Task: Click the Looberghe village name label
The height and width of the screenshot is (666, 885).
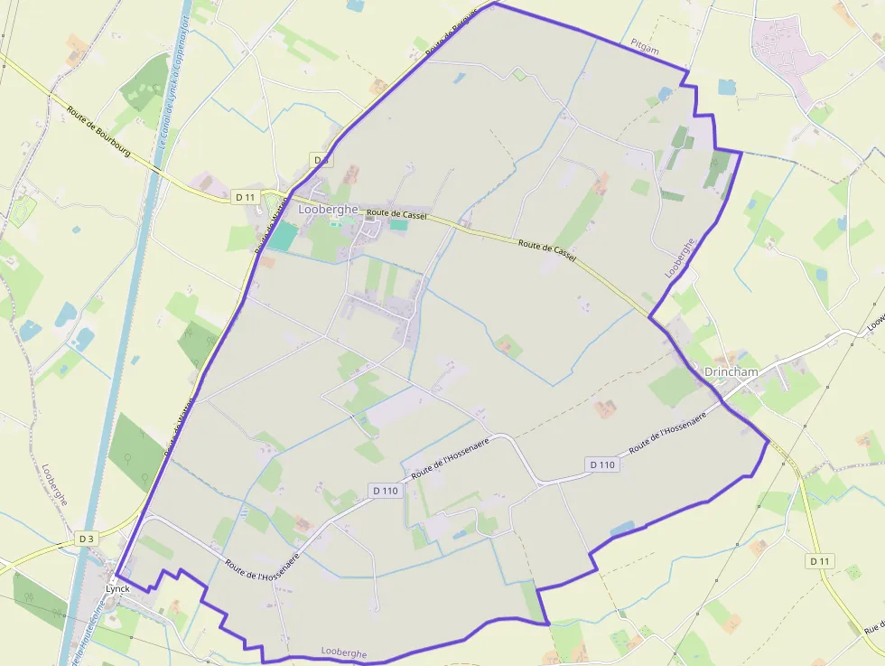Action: (x=329, y=209)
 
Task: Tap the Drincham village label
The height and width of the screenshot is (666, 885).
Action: (x=731, y=371)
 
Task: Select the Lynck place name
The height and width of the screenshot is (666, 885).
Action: (x=117, y=588)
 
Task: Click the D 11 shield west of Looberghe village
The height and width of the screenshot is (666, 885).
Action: (x=245, y=196)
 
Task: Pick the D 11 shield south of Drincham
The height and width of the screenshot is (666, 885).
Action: (x=819, y=561)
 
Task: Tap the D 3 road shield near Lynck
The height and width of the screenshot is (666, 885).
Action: (x=86, y=539)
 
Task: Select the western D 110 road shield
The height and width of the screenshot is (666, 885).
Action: (x=385, y=491)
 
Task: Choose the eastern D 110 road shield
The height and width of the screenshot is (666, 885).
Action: (x=602, y=464)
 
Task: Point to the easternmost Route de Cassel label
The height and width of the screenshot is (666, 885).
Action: (x=547, y=250)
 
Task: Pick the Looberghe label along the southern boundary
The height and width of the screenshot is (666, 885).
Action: (x=344, y=652)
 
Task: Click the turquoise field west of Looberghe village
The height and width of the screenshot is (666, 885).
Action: (x=283, y=236)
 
